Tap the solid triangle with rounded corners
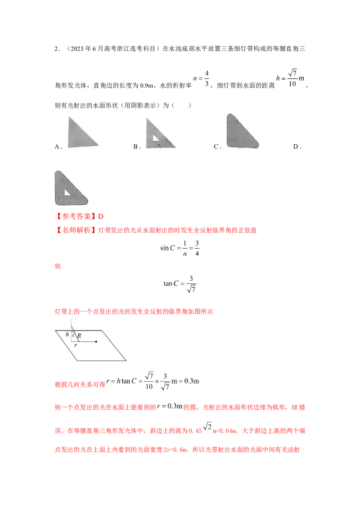[x=242, y=131]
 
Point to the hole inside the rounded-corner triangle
[x=67, y=192]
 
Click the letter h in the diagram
[x=67, y=335]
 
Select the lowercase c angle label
[x=74, y=336]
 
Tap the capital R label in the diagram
[x=79, y=336]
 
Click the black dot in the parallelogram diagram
[x=96, y=342]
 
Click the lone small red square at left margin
[x=57, y=267]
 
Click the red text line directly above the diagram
[x=135, y=311]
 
